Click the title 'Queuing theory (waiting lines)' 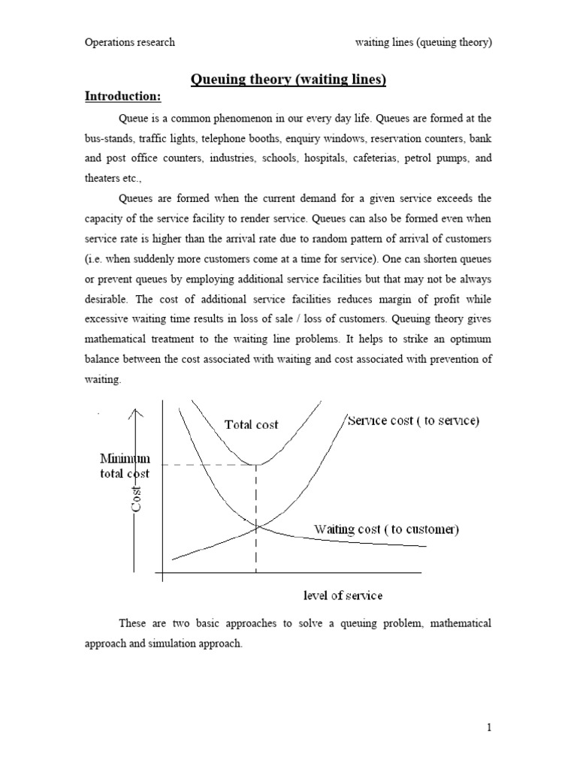288,80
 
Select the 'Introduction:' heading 122,97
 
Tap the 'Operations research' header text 129,42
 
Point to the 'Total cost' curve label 251,424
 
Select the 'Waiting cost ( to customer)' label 387,529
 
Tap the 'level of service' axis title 343,596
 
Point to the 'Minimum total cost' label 125,466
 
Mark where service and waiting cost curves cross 257,527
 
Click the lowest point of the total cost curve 257,465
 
